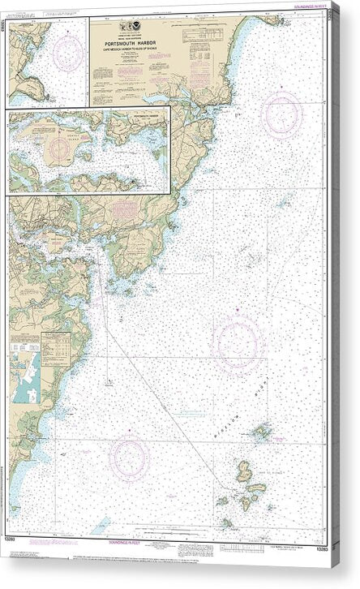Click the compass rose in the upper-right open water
(281, 114)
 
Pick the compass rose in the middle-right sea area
(237, 345)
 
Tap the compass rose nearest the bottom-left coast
(130, 457)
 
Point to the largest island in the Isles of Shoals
(242, 471)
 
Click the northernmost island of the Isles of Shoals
(261, 432)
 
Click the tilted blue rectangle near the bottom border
(101, 526)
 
